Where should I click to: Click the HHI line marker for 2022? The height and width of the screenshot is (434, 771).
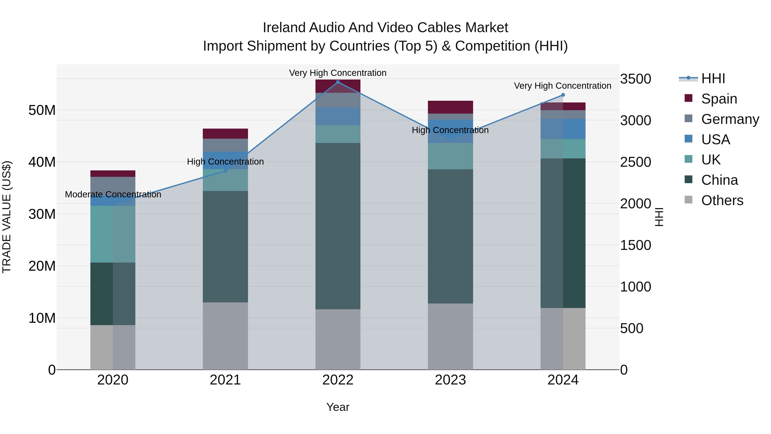click(x=338, y=82)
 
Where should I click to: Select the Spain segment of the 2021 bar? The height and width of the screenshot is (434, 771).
click(x=225, y=134)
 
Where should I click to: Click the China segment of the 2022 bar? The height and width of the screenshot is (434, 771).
click(x=338, y=226)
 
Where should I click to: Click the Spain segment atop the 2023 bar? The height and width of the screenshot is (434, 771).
click(x=450, y=107)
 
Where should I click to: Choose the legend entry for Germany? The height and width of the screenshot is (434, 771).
click(x=730, y=119)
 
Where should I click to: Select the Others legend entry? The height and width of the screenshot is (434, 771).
click(x=722, y=200)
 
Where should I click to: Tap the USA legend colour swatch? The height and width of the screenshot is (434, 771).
click(x=688, y=139)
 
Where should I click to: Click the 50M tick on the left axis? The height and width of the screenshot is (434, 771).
click(x=42, y=110)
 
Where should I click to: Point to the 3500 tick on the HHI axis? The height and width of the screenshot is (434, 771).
click(x=635, y=79)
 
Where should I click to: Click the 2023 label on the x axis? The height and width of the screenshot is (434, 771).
click(x=450, y=380)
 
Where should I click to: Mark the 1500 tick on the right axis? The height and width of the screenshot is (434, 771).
click(x=635, y=245)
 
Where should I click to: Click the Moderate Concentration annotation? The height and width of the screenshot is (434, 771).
click(x=113, y=194)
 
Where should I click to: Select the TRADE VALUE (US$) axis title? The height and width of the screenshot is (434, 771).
click(x=7, y=217)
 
